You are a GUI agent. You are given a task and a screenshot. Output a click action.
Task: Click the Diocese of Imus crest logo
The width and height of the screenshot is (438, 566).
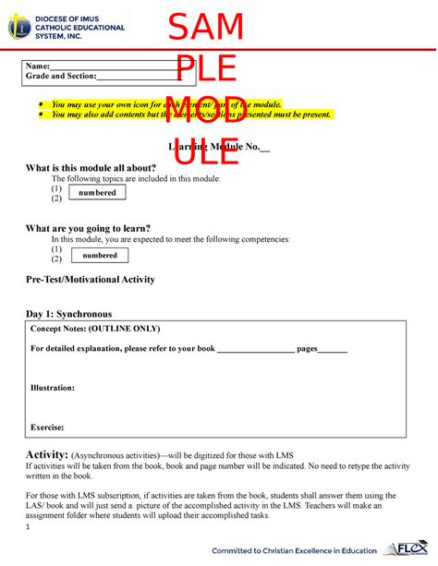pos(18,27)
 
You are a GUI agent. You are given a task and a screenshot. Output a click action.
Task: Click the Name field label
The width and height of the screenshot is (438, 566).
pos(38,66)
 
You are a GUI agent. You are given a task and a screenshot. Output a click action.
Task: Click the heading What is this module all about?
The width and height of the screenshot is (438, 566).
pos(97,167)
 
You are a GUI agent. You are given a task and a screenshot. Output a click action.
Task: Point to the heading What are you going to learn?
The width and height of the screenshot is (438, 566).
pos(88,228)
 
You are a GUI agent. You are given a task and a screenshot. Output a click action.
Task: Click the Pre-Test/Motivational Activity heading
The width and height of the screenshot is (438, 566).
pos(90,279)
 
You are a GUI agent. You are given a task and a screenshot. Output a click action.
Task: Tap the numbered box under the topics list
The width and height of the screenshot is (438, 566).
pos(96,193)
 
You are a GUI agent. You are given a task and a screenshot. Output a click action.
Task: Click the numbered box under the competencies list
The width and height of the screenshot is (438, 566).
pos(100,255)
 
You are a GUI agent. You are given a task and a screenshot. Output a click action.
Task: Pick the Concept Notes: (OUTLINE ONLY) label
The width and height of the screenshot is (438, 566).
pos(95,329)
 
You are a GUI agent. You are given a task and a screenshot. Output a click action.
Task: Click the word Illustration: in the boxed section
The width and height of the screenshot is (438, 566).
pos(53,388)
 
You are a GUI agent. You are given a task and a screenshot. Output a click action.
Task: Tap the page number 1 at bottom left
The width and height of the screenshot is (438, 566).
pos(28,527)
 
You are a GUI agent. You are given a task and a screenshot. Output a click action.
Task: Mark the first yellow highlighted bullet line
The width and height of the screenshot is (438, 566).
pos(166,105)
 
